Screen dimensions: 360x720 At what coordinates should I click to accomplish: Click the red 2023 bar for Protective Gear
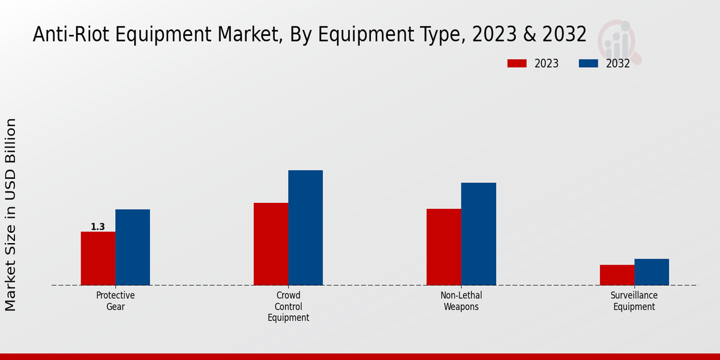[x=98, y=258]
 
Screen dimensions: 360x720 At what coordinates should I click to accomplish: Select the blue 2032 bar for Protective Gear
[x=133, y=247]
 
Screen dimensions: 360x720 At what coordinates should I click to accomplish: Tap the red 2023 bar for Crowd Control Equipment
[x=271, y=244]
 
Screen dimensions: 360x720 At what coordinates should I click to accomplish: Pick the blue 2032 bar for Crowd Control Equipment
[x=305, y=227]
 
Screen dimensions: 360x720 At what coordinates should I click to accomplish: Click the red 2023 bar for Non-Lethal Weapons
[x=444, y=247]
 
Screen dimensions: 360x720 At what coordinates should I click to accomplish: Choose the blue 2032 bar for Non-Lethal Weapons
[x=479, y=233]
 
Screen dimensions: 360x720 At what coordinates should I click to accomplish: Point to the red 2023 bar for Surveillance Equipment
[x=617, y=275]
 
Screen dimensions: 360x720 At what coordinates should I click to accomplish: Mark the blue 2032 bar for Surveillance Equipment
[x=652, y=272]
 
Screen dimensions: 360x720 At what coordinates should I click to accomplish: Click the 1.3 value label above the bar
[x=98, y=227]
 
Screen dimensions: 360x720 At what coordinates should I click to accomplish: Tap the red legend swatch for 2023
[x=517, y=64]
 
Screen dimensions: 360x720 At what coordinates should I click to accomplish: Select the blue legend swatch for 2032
[x=589, y=64]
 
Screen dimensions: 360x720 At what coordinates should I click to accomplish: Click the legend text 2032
[x=618, y=64]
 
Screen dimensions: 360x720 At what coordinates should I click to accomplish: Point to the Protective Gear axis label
[x=115, y=301]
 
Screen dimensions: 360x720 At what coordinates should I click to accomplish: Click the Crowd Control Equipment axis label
[x=289, y=306]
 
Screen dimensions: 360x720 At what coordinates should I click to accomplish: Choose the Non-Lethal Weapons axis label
[x=461, y=301]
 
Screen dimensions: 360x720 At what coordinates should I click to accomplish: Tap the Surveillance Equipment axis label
[x=634, y=301]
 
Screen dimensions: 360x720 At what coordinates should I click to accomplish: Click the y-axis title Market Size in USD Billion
[x=11, y=214]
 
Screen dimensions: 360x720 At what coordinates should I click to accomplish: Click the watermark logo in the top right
[x=620, y=41]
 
